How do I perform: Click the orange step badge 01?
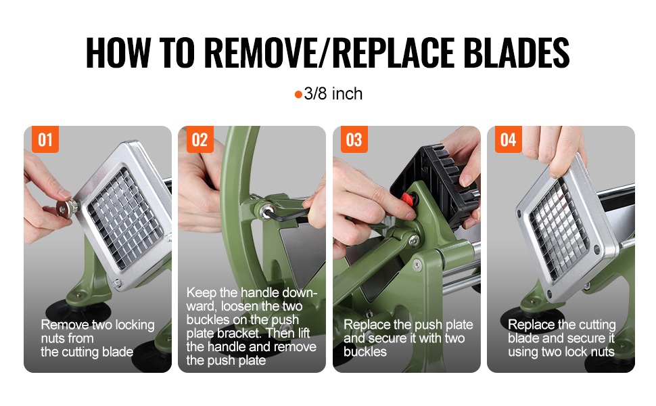coord(45,139)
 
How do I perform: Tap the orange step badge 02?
coord(200,139)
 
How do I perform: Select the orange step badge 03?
coord(354,139)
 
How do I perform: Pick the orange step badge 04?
coord(509,139)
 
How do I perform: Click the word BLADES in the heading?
coord(517,53)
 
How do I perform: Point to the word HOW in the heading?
coord(118,53)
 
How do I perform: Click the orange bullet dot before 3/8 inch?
coord(298,95)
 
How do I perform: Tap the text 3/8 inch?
coord(333,94)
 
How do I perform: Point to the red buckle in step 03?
coord(408,199)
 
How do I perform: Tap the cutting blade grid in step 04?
coord(559,229)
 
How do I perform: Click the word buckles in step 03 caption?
coord(365,352)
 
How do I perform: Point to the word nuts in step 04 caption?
coord(602,352)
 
